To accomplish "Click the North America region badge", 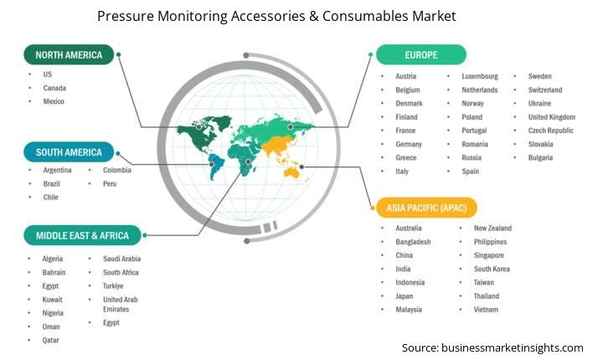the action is click(69, 54).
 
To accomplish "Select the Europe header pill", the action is click(421, 54).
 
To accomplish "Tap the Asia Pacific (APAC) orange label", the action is click(426, 208).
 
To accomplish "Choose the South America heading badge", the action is click(69, 152).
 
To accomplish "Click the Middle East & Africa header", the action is click(82, 235).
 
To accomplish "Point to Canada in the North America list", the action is click(54, 88).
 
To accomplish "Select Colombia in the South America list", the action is click(117, 170).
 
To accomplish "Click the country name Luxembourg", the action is click(480, 76).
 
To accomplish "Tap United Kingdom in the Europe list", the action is click(552, 117).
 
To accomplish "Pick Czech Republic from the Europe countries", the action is click(551, 131).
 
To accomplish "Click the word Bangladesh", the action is click(413, 242).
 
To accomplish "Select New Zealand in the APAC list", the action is click(492, 228).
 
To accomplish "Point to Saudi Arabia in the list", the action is click(121, 259).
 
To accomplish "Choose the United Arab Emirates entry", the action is click(121, 304).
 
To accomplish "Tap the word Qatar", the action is click(51, 340).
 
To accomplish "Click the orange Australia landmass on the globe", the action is click(292, 173).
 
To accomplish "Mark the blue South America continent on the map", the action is click(216, 166).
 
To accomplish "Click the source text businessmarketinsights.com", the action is click(513, 347).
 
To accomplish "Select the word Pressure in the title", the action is click(125, 16).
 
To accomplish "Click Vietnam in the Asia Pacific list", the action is click(486, 310).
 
